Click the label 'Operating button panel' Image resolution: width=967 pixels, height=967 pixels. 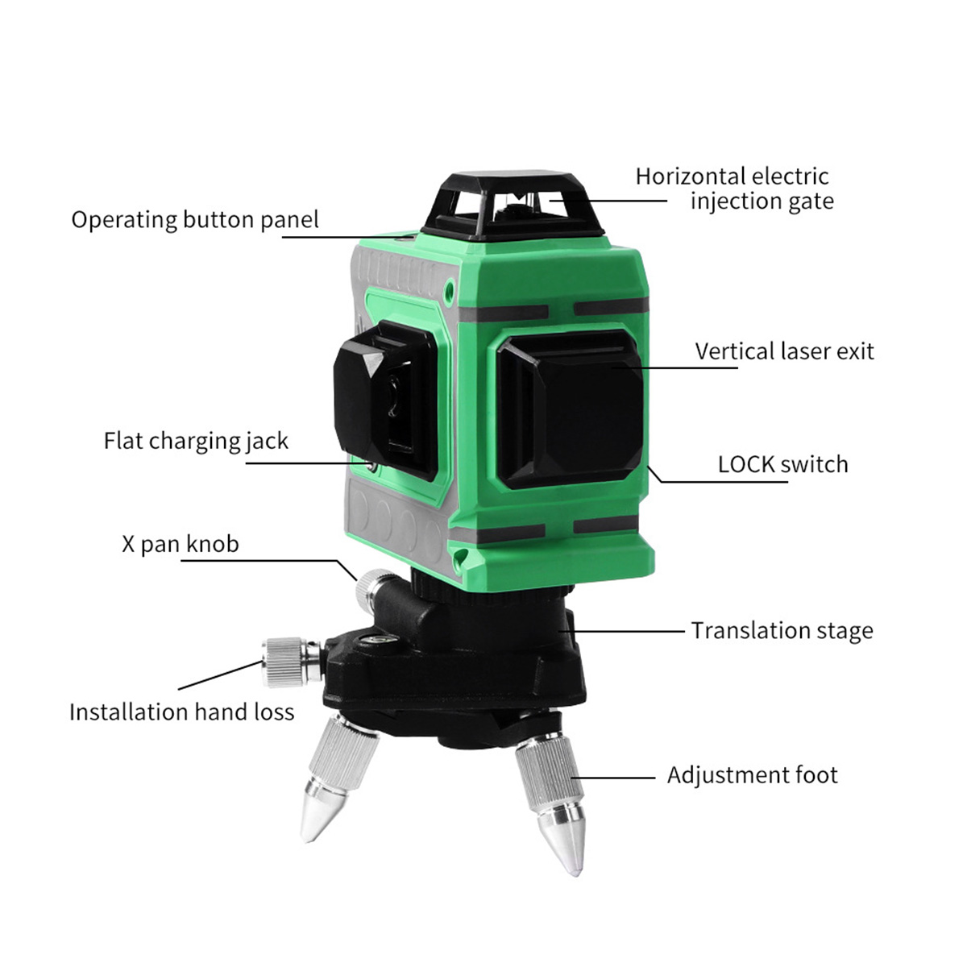point(195,220)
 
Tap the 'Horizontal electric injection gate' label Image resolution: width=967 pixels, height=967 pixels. point(734,189)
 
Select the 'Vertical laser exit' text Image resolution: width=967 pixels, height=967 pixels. point(784,351)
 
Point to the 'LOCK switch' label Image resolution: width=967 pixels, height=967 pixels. point(782,464)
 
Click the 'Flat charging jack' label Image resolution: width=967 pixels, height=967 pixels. point(196,442)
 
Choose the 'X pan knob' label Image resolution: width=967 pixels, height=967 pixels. point(181,544)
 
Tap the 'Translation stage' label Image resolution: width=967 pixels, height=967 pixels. point(782,631)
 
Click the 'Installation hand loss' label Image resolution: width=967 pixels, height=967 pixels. point(181,712)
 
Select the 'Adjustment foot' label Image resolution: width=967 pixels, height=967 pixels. point(752,774)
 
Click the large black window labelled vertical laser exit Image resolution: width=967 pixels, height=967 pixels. point(571,410)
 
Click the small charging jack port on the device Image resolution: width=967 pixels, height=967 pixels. point(371,467)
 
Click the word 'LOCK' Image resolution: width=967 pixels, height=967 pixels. point(747,465)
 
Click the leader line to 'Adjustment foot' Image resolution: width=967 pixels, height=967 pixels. point(614,778)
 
